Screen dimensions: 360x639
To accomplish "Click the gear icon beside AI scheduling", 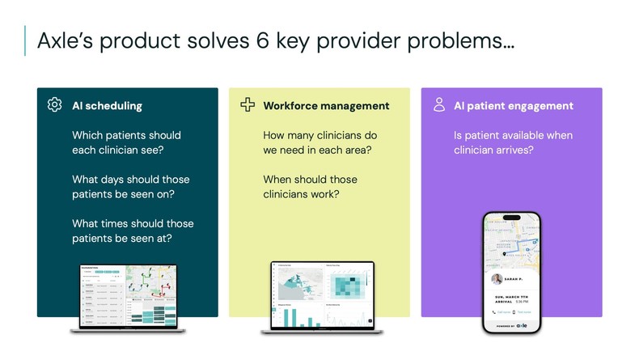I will click(x=55, y=105).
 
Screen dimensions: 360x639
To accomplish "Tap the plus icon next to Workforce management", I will click(x=248, y=105).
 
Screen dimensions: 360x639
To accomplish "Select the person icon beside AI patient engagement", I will click(x=439, y=105).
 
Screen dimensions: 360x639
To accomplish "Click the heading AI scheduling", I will click(x=107, y=106).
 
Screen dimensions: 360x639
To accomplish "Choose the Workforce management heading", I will click(x=326, y=106).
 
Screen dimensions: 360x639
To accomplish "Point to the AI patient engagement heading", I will click(x=514, y=106).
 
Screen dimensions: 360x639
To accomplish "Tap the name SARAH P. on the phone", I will click(x=518, y=279).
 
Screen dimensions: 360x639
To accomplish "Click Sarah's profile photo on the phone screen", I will click(x=497, y=279).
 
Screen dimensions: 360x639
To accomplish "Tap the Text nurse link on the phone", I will click(x=523, y=311).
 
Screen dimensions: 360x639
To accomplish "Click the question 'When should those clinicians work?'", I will click(x=310, y=187).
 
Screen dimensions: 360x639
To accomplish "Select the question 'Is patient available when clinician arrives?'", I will click(x=513, y=142).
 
